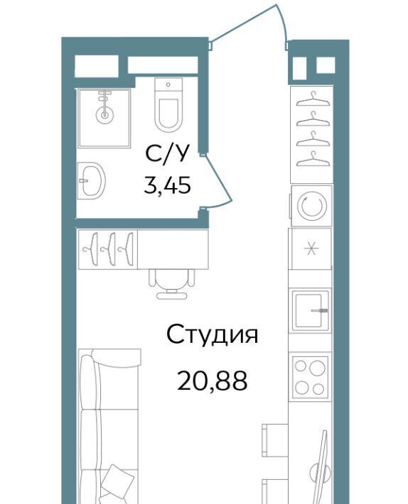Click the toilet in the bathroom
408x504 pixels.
168,105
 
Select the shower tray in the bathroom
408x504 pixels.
104,119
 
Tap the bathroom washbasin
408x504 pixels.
92,180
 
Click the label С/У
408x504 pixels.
167,155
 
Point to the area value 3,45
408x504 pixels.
167,185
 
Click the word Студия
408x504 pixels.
213,334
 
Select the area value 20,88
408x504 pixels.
213,380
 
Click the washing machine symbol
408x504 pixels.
311,206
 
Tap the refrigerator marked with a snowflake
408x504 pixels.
310,248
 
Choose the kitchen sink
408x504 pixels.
311,310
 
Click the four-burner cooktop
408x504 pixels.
310,376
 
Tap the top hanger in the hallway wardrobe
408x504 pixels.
313,99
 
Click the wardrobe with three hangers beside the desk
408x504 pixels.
107,248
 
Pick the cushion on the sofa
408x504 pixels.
117,480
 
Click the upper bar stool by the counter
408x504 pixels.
274,440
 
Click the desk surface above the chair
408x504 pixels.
173,248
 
